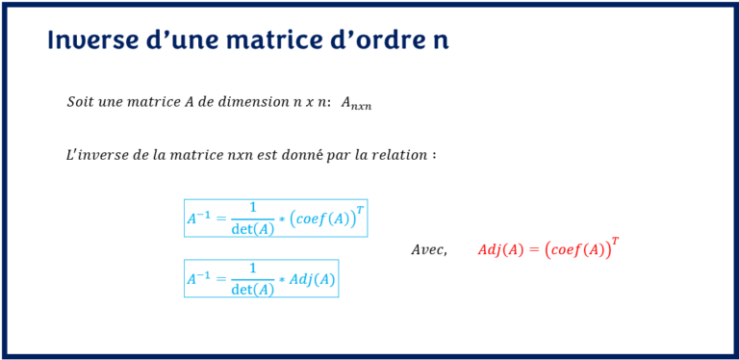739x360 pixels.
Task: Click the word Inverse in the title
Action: pos(90,40)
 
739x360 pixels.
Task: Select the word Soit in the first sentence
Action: pos(82,102)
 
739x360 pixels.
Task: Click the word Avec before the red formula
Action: pos(428,250)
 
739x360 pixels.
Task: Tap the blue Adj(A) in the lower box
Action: pos(312,279)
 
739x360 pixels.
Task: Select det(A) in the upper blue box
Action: pos(253,229)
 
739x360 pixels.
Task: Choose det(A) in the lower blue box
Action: pos(253,289)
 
